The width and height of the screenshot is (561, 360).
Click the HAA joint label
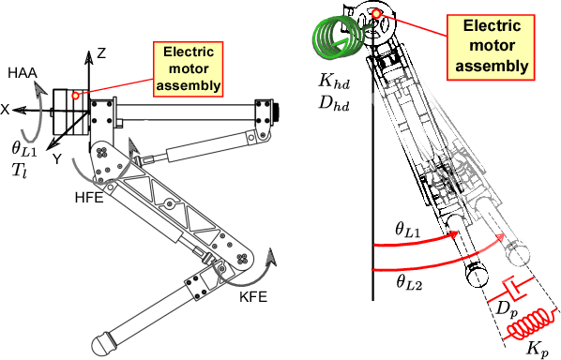22,72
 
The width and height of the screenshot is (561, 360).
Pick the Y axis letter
57,158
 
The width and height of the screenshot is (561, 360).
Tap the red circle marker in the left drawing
75,96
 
